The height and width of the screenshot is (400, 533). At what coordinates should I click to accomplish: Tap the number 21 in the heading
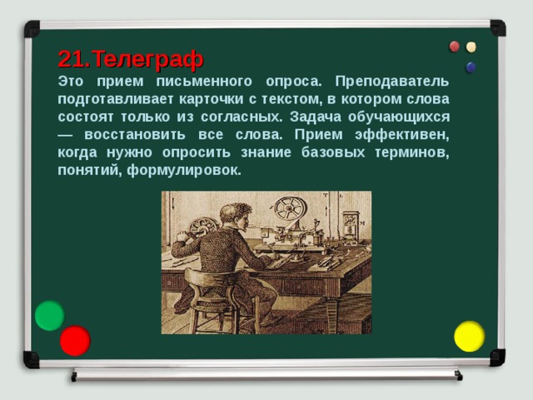tap(72, 59)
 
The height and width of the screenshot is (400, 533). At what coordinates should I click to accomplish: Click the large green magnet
tap(49, 315)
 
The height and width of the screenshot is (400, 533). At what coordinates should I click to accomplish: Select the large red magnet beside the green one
tap(75, 340)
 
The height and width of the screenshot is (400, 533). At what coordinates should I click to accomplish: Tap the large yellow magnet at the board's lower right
tap(469, 336)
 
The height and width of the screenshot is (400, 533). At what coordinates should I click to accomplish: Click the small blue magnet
tap(471, 67)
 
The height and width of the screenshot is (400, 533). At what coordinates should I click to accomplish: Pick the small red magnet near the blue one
tap(454, 47)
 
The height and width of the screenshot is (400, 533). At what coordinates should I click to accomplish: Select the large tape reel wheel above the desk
tap(288, 209)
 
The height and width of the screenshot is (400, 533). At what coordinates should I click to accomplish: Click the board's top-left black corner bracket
tap(32, 28)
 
